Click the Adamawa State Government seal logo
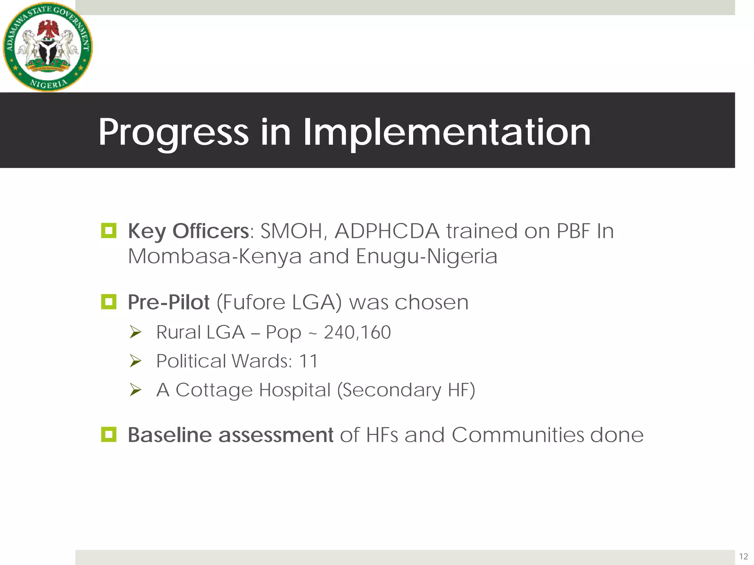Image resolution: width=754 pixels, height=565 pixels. coord(48,47)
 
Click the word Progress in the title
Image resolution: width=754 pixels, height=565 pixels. coord(173,132)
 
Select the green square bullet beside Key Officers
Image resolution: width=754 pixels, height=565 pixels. coord(109,231)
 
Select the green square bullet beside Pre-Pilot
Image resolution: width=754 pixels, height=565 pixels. coord(109,302)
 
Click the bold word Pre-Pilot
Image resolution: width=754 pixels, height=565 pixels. coord(169,302)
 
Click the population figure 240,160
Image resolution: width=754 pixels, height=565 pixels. coord(357,332)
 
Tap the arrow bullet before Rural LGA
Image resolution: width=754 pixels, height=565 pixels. coord(135,333)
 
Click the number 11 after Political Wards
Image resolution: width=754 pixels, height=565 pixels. coord(308,361)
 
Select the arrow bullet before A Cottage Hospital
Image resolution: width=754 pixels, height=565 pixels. coord(135,390)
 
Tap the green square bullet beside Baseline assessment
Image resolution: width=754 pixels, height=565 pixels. coord(109,434)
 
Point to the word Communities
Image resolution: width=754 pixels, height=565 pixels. coord(518,435)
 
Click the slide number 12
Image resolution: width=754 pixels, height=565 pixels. coord(743,556)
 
